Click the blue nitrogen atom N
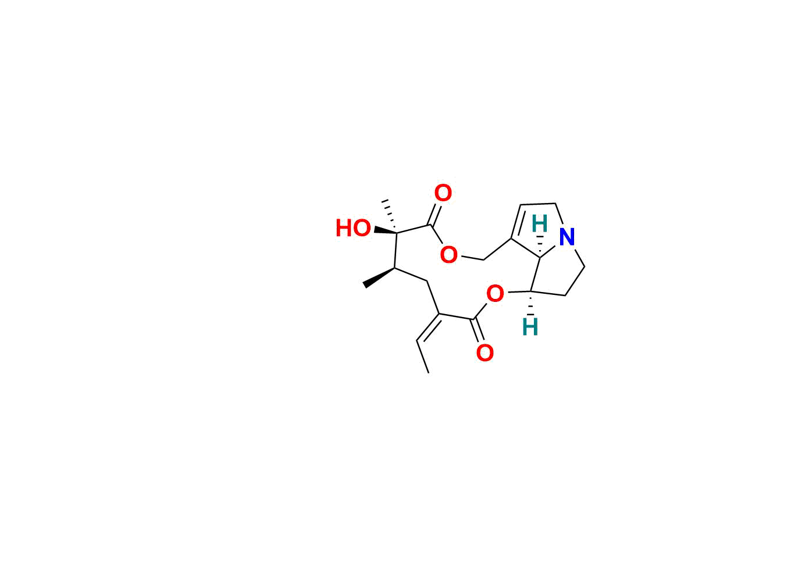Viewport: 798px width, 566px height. [x=567, y=237]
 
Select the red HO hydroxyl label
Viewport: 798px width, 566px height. [x=354, y=228]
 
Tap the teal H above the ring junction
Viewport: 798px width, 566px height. [x=539, y=224]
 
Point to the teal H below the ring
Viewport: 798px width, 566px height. [x=530, y=327]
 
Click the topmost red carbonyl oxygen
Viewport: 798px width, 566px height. [x=443, y=193]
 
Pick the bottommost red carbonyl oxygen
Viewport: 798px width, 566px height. [x=485, y=353]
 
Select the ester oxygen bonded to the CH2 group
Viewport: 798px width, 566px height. [x=449, y=255]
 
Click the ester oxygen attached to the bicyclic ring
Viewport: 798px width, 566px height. [x=495, y=294]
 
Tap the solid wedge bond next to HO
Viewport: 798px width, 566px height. [x=386, y=230]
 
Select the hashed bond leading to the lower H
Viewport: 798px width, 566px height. [x=531, y=303]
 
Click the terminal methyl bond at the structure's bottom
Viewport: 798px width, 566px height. [x=422, y=357]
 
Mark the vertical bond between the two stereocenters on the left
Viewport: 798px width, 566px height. [x=396, y=250]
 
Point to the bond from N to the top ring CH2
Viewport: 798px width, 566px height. [x=559, y=215]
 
